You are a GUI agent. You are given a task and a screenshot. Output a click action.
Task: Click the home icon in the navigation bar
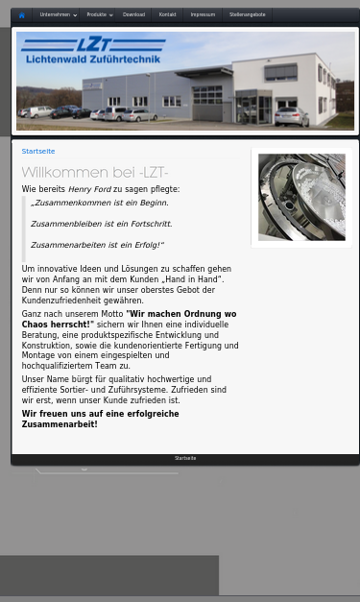(x=21, y=15)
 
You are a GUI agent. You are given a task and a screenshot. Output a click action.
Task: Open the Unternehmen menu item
(x=56, y=15)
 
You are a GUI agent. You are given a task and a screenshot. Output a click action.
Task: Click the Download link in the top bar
(x=133, y=15)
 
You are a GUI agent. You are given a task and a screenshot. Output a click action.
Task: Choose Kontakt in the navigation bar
(x=167, y=15)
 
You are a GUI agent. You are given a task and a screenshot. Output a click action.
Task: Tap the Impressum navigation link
(x=203, y=15)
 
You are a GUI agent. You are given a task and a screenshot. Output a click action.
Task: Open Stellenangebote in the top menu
(x=247, y=15)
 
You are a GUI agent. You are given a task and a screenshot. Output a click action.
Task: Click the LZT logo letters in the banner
(x=93, y=44)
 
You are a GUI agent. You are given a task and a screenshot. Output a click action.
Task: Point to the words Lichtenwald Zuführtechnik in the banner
(x=92, y=60)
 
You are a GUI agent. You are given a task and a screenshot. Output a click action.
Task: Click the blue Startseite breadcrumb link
(x=38, y=152)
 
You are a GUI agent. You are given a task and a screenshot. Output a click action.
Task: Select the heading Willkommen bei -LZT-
(x=94, y=173)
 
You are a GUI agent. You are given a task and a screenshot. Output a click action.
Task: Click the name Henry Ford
(x=89, y=190)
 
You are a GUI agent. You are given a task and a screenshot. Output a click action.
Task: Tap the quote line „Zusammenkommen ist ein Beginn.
(x=99, y=204)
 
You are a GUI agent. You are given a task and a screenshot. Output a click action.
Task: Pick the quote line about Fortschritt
(x=101, y=225)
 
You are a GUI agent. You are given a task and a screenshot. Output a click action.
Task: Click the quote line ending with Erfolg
(x=97, y=246)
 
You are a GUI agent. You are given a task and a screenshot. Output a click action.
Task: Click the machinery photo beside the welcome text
(x=300, y=197)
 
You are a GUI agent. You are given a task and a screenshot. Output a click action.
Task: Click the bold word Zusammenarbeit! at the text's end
(x=60, y=424)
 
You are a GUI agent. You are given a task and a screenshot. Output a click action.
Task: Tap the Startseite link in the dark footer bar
(x=185, y=459)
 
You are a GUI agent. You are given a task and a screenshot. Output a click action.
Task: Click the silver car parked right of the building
(x=291, y=117)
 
